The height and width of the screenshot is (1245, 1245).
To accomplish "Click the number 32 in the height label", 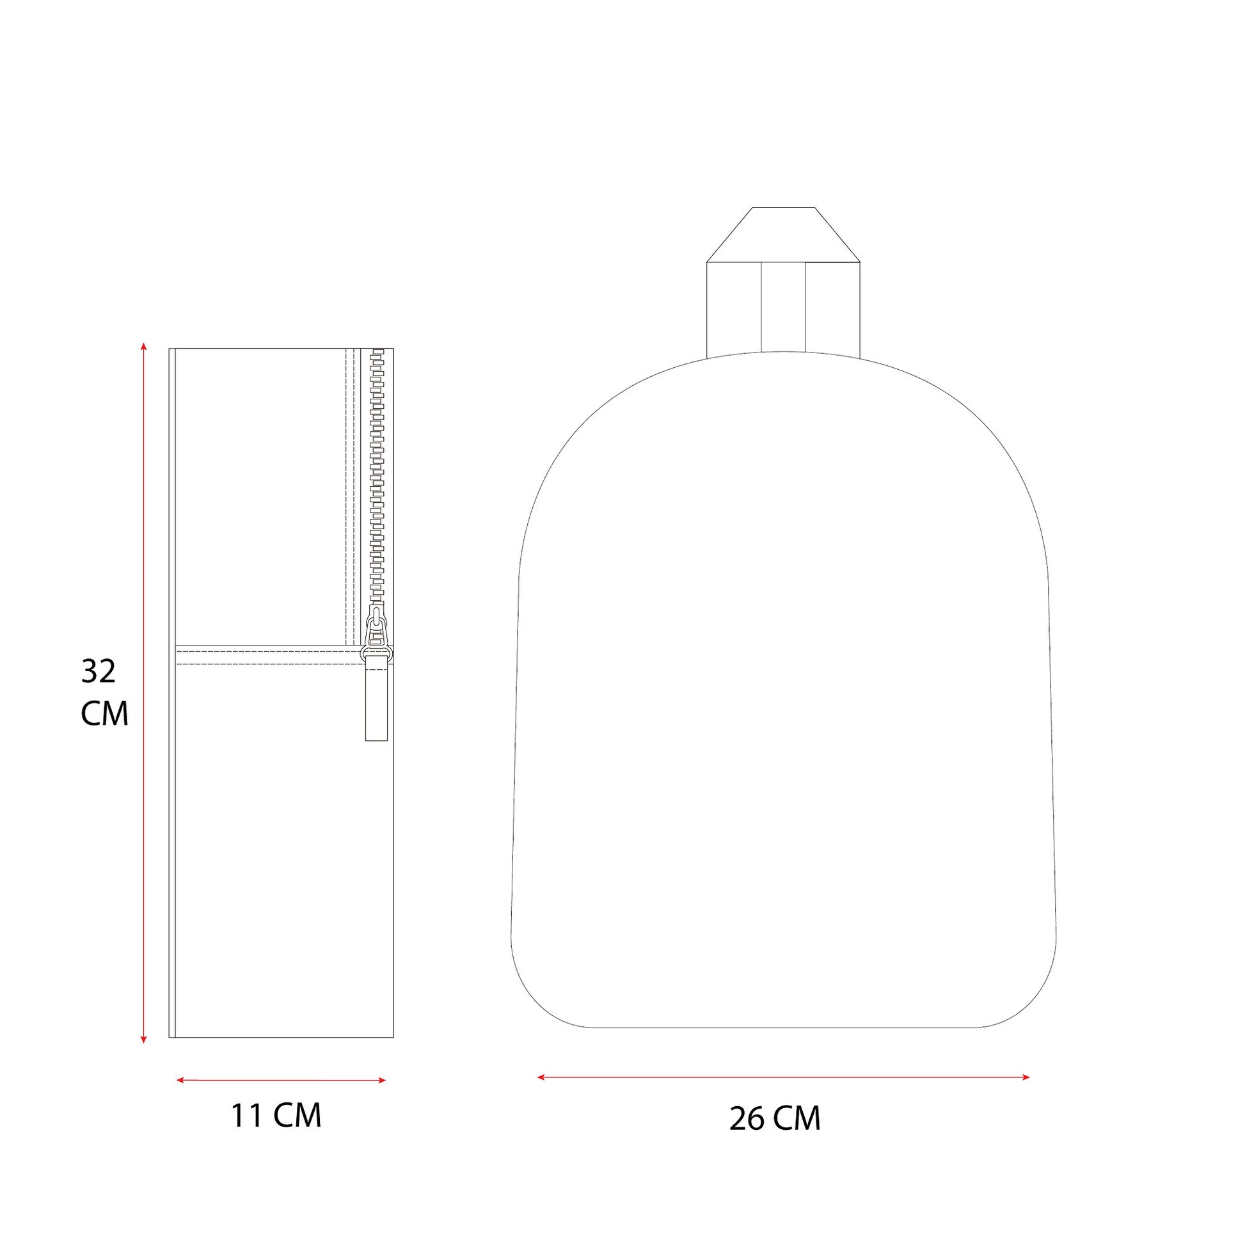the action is (x=99, y=672).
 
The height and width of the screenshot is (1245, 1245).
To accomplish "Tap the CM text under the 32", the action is (x=104, y=713).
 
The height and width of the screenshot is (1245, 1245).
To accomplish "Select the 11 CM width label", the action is (x=276, y=1116).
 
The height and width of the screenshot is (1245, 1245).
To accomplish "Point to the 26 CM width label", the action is (x=775, y=1118).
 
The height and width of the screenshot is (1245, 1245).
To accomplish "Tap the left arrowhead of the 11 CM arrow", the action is (x=180, y=1080).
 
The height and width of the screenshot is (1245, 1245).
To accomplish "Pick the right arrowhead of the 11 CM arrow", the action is (x=381, y=1080).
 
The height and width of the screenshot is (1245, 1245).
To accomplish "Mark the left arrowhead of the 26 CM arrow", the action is (x=542, y=1077).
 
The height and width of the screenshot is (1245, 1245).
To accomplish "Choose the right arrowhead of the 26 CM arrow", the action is (x=1026, y=1077).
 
